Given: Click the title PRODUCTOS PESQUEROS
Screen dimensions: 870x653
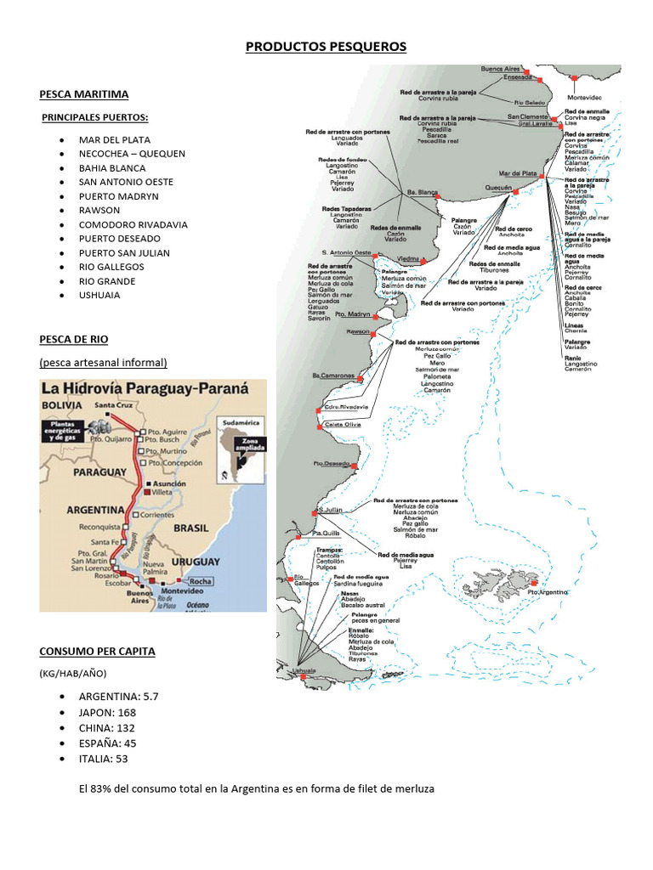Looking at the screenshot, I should pos(326,47).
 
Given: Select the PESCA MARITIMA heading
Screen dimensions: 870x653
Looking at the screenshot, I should pos(83,94).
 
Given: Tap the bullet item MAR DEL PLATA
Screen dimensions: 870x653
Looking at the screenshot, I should pos(114,139).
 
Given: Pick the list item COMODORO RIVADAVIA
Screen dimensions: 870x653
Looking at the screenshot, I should pos(133,224).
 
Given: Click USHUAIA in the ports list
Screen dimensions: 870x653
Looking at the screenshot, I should pos(99,295).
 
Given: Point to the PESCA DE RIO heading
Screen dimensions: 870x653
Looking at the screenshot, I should pos(73,339).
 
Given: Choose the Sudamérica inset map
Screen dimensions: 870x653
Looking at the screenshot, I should pos(241,446).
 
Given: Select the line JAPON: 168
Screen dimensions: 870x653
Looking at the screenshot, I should pos(107,712).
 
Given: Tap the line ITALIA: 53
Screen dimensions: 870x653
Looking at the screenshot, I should pos(104,758).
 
